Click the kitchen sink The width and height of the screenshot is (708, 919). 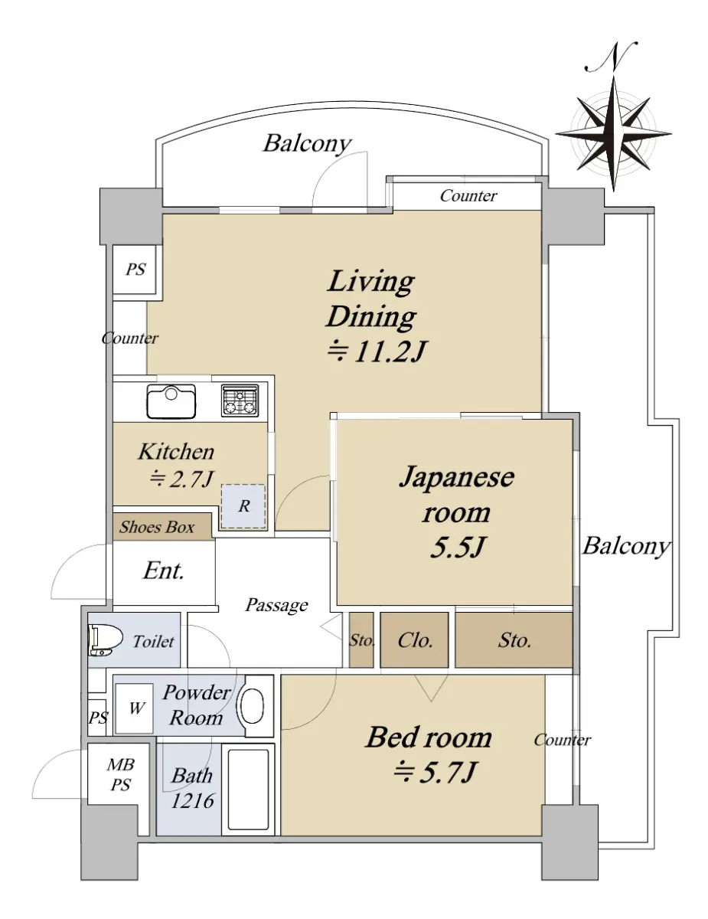[171, 401]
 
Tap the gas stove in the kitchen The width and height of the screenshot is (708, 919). [240, 401]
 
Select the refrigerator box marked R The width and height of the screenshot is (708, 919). [243, 506]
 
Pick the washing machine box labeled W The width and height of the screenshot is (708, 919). [135, 708]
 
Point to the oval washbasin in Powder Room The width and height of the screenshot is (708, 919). [252, 706]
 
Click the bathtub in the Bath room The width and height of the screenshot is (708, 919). [249, 790]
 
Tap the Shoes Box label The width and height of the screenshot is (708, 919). [157, 527]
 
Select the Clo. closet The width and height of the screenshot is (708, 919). [414, 640]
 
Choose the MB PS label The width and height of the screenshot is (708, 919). [120, 775]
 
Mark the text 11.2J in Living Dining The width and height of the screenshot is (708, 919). [389, 351]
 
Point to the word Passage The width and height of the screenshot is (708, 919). [276, 605]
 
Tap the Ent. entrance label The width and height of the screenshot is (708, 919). [164, 571]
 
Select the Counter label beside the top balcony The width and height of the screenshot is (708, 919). [468, 196]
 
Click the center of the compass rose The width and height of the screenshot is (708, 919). [613, 133]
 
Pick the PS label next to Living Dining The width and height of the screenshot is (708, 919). [135, 270]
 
